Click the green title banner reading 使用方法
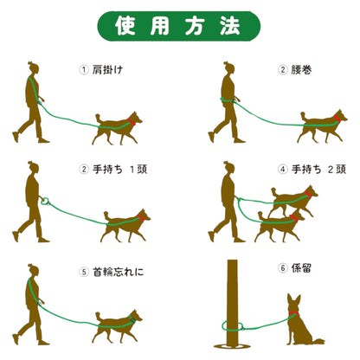179,26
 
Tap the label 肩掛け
107,70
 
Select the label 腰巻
301,70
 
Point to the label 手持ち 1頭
120,170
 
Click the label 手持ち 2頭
318,170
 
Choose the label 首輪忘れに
118,272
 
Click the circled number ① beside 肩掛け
84,70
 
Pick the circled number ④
283,170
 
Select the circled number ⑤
84,272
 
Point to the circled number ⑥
283,268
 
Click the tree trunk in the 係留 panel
233,303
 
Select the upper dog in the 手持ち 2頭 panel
292,201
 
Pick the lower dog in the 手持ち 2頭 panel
280,227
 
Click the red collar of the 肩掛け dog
132,121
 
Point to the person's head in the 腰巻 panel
229,68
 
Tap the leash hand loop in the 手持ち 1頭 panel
45,201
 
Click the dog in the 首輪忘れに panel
118,325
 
